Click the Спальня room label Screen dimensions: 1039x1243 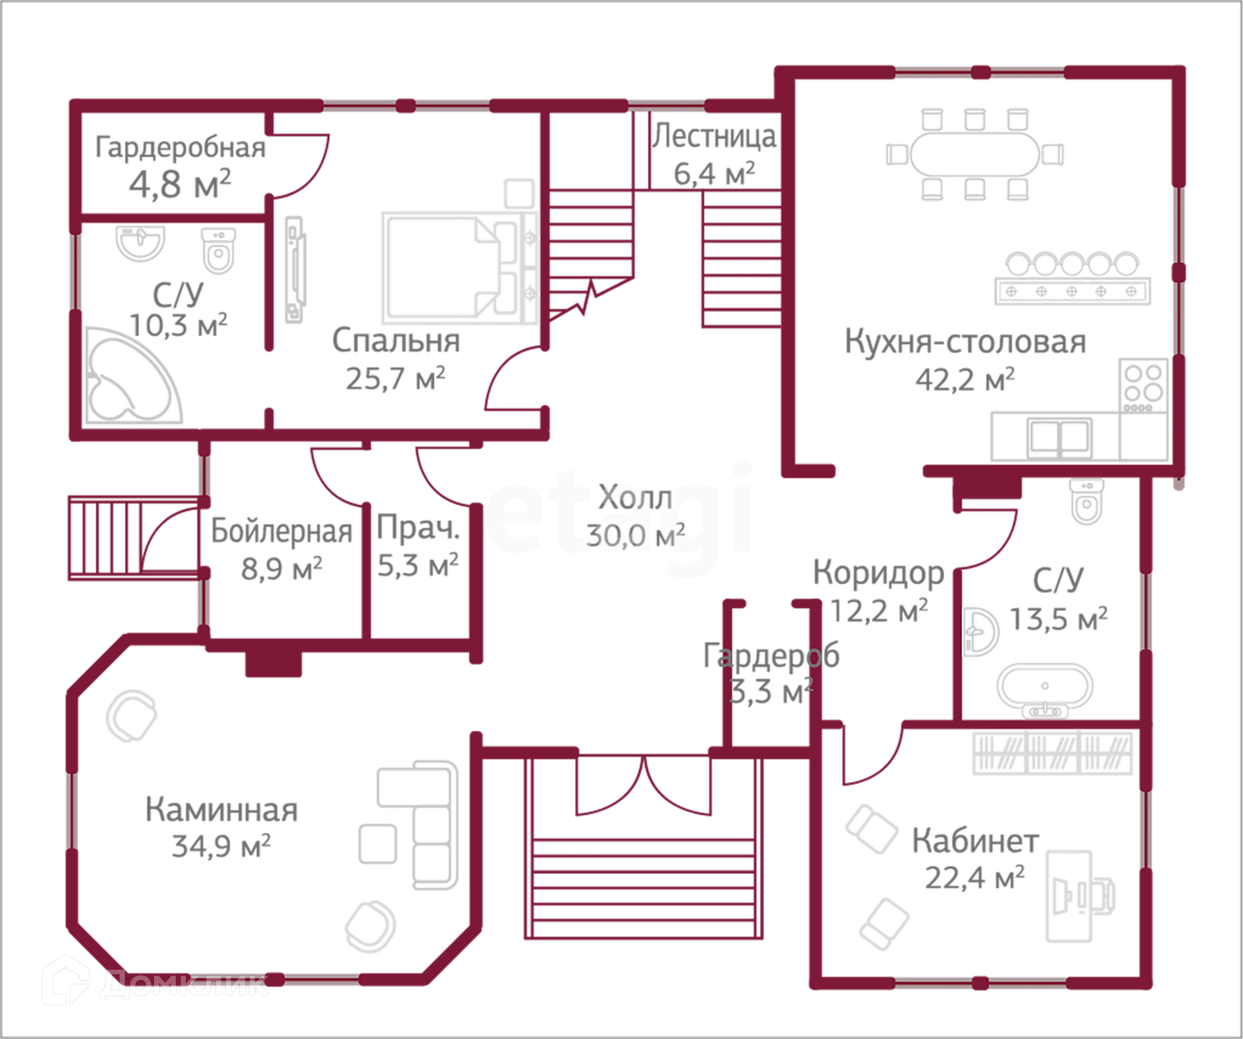(x=396, y=341)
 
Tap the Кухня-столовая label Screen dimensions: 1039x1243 (x=965, y=342)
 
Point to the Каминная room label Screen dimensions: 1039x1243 (x=222, y=810)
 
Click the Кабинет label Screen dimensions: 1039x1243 (x=975, y=841)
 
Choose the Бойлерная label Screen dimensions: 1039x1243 (x=282, y=531)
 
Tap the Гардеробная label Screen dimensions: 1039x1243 (x=180, y=146)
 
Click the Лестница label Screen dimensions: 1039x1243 (x=715, y=137)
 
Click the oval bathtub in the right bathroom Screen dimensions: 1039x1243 (x=1044, y=687)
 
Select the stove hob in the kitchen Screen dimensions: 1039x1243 (x=1143, y=382)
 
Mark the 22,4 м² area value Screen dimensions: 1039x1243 (x=974, y=878)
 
